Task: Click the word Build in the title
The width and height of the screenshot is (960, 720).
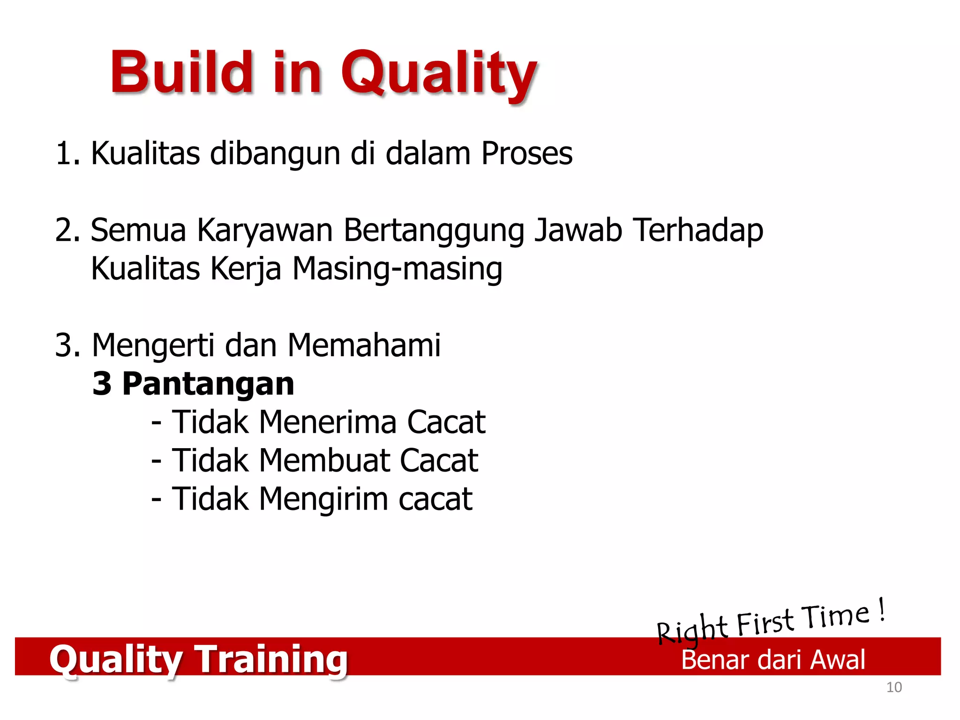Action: pyautogui.click(x=181, y=73)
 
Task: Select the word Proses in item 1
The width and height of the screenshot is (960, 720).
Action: pyautogui.click(x=526, y=153)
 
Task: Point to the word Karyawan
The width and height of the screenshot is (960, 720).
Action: pyautogui.click(x=264, y=231)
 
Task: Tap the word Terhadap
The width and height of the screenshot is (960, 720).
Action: pyautogui.click(x=698, y=231)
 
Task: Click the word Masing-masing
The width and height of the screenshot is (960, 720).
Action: pyautogui.click(x=397, y=270)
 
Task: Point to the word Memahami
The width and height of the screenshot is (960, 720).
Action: pyautogui.click(x=364, y=345)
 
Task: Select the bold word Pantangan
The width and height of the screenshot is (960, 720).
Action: pyautogui.click(x=208, y=384)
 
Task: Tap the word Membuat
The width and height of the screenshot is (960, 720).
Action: pyautogui.click(x=324, y=460)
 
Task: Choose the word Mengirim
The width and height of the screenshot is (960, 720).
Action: pyautogui.click(x=323, y=499)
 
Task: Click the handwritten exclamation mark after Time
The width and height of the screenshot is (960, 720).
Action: pyautogui.click(x=881, y=609)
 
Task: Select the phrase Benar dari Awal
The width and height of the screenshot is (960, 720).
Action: pyautogui.click(x=772, y=660)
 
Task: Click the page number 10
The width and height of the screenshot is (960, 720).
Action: pyautogui.click(x=894, y=687)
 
